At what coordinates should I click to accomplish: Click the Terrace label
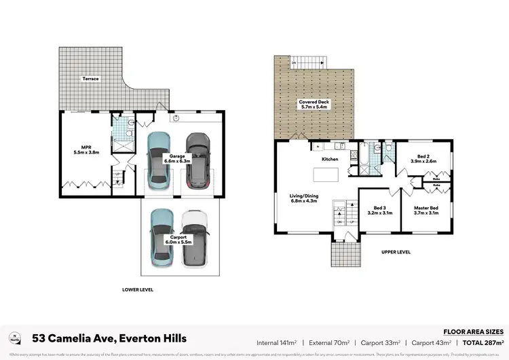point(90,79)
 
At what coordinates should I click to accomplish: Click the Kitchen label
point(330,159)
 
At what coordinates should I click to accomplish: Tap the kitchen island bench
point(328,174)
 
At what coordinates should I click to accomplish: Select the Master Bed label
point(426,208)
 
